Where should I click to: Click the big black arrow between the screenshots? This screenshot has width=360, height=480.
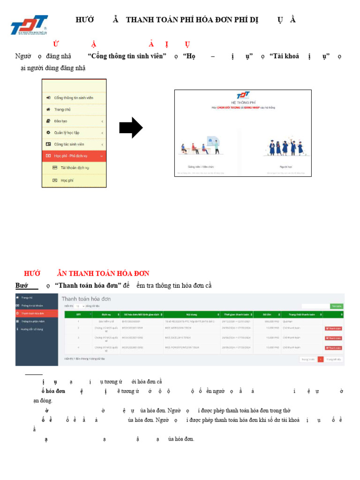(131, 128)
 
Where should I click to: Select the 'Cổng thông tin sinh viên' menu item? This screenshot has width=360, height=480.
(74, 97)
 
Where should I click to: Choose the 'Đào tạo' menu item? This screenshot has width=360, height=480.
(61, 121)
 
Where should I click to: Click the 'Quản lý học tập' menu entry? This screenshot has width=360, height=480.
(67, 133)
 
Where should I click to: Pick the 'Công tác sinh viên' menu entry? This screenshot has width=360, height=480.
(69, 144)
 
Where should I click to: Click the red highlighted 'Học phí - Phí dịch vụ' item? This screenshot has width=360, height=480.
(70, 156)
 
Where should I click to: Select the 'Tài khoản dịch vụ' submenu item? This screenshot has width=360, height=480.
(75, 167)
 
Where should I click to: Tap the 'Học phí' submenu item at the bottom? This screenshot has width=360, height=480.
(67, 180)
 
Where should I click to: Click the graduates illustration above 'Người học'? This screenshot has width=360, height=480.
(279, 147)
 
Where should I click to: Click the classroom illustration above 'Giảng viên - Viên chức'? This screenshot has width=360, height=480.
(201, 146)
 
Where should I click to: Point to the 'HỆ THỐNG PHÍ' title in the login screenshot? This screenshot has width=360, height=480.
(242, 102)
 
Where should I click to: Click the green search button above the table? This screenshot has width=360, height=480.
(336, 306)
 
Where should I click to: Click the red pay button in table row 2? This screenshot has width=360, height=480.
(333, 328)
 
